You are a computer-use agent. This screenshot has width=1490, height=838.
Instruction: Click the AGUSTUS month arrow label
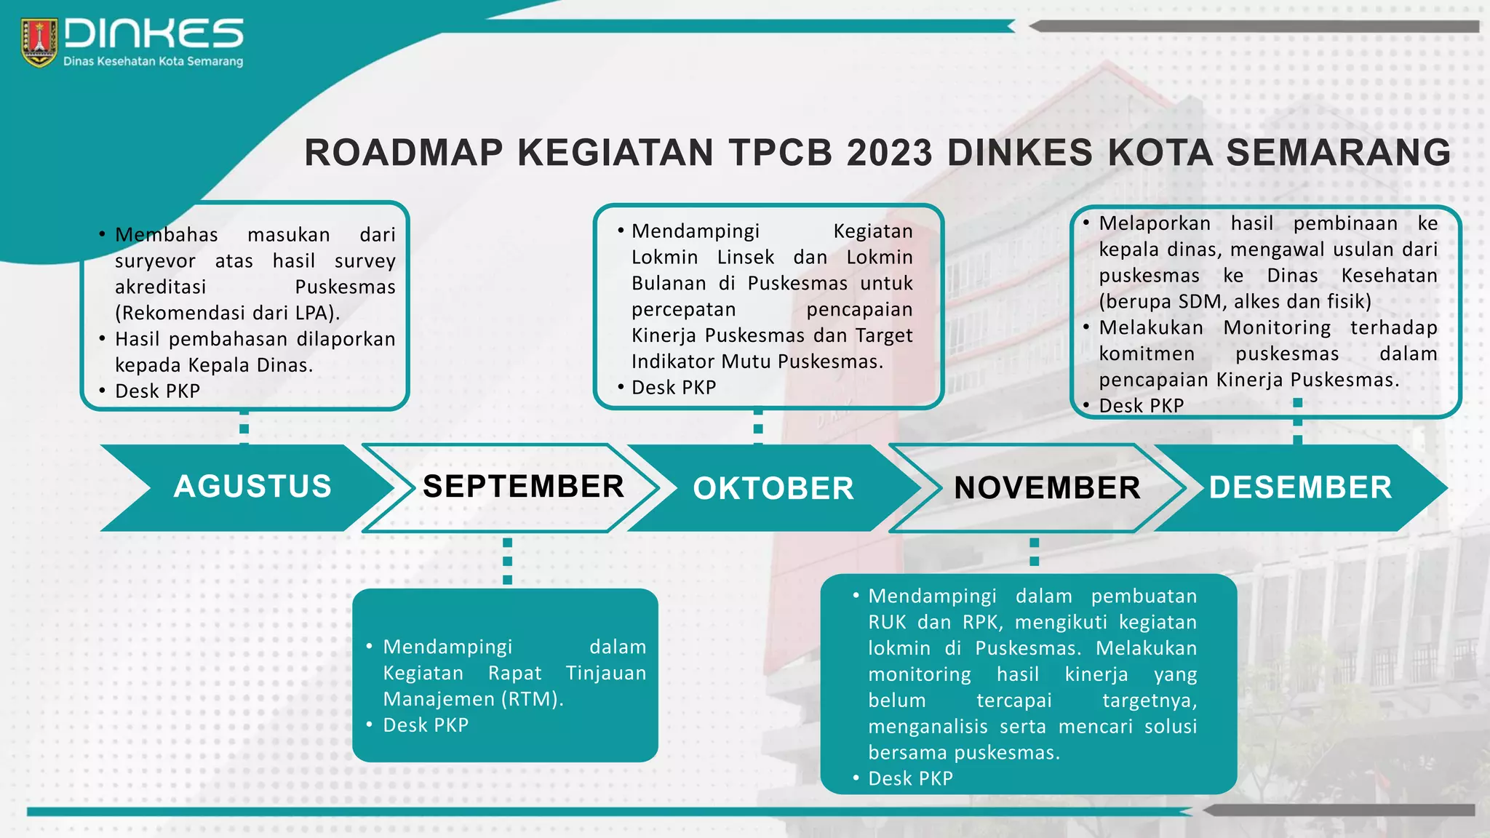point(252,487)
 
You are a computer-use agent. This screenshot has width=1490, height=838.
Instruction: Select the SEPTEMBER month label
point(523,487)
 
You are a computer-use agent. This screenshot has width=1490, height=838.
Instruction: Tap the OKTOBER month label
point(773,488)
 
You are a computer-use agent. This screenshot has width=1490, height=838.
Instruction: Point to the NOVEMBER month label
point(1047,488)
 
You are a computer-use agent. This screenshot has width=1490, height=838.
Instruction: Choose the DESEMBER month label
point(1300,487)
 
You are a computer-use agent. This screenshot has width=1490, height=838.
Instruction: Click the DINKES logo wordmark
point(154,34)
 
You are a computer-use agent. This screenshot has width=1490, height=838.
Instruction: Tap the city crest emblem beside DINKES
point(39,43)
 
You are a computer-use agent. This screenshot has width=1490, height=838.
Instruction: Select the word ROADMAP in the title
point(404,153)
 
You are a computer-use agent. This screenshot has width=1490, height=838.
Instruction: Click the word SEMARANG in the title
point(1339,153)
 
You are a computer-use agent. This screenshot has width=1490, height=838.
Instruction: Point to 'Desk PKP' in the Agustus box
point(157,391)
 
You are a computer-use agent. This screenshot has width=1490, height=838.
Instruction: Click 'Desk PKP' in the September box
point(426,725)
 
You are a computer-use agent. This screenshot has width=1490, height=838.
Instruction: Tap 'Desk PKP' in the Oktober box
point(674,388)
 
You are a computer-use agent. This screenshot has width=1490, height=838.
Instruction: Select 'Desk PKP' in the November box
point(910,778)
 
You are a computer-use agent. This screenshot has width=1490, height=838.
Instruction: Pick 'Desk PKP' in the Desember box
point(1141,406)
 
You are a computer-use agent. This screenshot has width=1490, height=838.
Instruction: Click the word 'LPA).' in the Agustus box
point(318,313)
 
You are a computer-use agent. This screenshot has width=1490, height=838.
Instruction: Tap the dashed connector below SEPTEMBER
point(507,561)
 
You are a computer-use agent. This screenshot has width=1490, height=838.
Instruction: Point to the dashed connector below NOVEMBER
point(1034,552)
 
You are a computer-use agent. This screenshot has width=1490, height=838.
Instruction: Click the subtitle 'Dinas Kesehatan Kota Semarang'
point(153,62)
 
